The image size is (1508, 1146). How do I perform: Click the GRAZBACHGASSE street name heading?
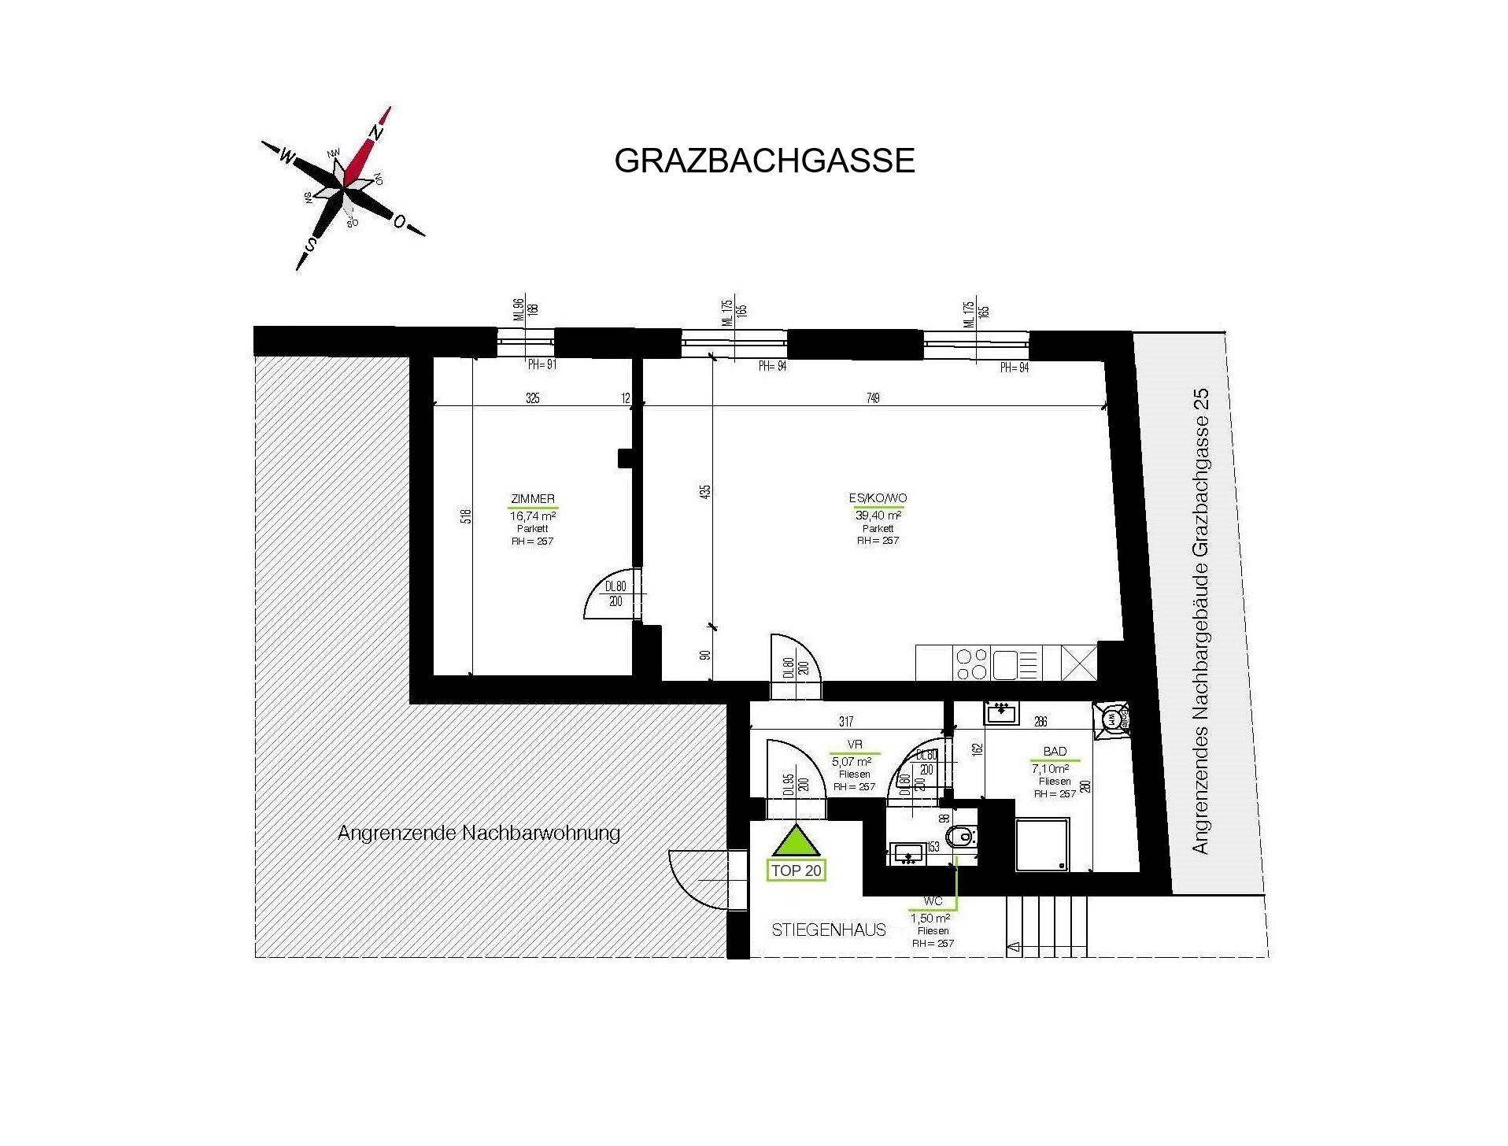click(x=763, y=161)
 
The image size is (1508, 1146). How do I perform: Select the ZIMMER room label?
click(x=533, y=499)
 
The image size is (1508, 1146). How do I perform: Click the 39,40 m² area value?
click(x=878, y=516)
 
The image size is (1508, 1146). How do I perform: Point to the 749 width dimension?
click(x=872, y=398)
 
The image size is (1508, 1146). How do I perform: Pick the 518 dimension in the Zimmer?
click(x=466, y=516)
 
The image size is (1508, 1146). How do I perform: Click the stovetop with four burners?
click(x=970, y=663)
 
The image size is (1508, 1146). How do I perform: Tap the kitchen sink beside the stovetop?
click(x=1006, y=663)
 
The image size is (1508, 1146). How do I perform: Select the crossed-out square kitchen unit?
click(x=1077, y=663)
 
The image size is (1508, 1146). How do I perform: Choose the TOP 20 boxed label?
click(x=797, y=871)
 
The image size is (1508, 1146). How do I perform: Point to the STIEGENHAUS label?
click(x=829, y=930)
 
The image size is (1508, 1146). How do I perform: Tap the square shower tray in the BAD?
click(x=1042, y=845)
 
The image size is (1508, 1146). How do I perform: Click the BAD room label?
click(x=1055, y=752)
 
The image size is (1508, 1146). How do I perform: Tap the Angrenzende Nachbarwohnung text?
click(x=479, y=833)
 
